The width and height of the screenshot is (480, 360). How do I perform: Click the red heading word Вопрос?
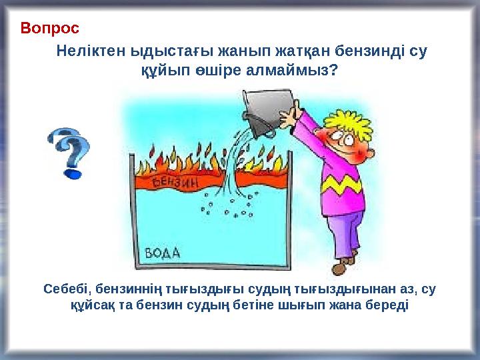49,29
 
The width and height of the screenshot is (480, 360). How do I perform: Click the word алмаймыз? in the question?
300,69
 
